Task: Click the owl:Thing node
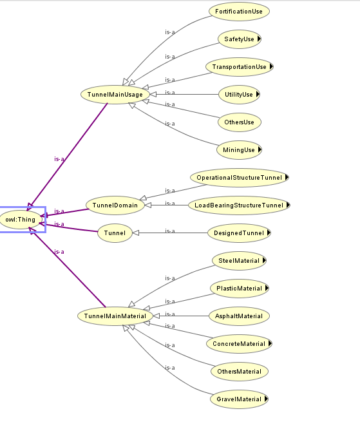pos(21,220)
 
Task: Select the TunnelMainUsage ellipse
pos(115,95)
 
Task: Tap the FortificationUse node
pos(239,12)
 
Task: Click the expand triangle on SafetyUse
pos(259,39)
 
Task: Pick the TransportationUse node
pos(240,67)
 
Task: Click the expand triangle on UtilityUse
pos(258,95)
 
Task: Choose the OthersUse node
pos(240,122)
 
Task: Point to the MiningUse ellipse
pos(239,149)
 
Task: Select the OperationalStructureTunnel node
pos(240,178)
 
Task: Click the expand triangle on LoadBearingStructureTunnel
pos(289,205)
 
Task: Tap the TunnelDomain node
pos(115,205)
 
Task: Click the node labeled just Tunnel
pos(115,233)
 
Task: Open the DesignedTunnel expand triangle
pos(269,233)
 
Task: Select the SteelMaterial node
pos(239,261)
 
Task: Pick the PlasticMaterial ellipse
pos(240,289)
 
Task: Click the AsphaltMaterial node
pos(239,316)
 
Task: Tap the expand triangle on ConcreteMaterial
pos(270,343)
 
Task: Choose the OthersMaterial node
pos(240,372)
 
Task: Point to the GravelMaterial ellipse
pos(239,399)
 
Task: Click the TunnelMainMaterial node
pos(115,316)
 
